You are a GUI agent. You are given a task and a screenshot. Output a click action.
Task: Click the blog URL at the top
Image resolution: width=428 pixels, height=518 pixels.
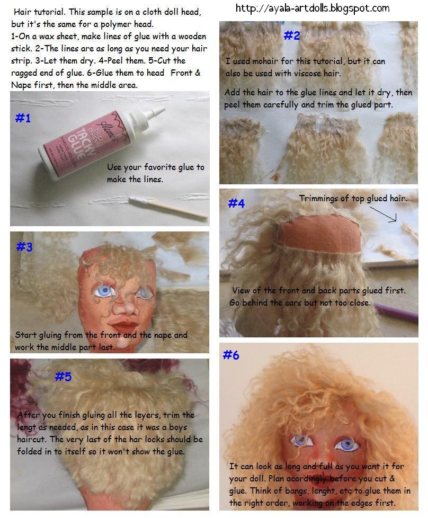pyautogui.click(x=313, y=8)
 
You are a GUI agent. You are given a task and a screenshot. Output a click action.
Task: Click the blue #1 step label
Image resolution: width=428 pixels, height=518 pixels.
pyautogui.click(x=23, y=118)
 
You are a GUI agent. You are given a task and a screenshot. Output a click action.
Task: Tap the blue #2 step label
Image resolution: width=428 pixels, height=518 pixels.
pyautogui.click(x=292, y=35)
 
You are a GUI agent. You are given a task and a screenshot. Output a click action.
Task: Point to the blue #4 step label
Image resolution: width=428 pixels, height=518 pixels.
pyautogui.click(x=237, y=203)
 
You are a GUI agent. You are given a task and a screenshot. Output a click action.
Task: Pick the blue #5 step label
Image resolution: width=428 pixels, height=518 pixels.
pyautogui.click(x=63, y=376)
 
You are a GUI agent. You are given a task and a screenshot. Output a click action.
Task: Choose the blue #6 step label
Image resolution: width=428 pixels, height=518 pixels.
pyautogui.click(x=231, y=355)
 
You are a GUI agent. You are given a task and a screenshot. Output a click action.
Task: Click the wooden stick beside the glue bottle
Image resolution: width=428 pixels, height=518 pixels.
pyautogui.click(x=168, y=208)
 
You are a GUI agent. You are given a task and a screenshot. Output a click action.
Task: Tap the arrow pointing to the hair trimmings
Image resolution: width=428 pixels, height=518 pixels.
pyautogui.click(x=383, y=214)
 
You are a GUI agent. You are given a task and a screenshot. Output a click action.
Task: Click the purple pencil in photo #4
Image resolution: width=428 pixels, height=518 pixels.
pyautogui.click(x=396, y=312)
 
